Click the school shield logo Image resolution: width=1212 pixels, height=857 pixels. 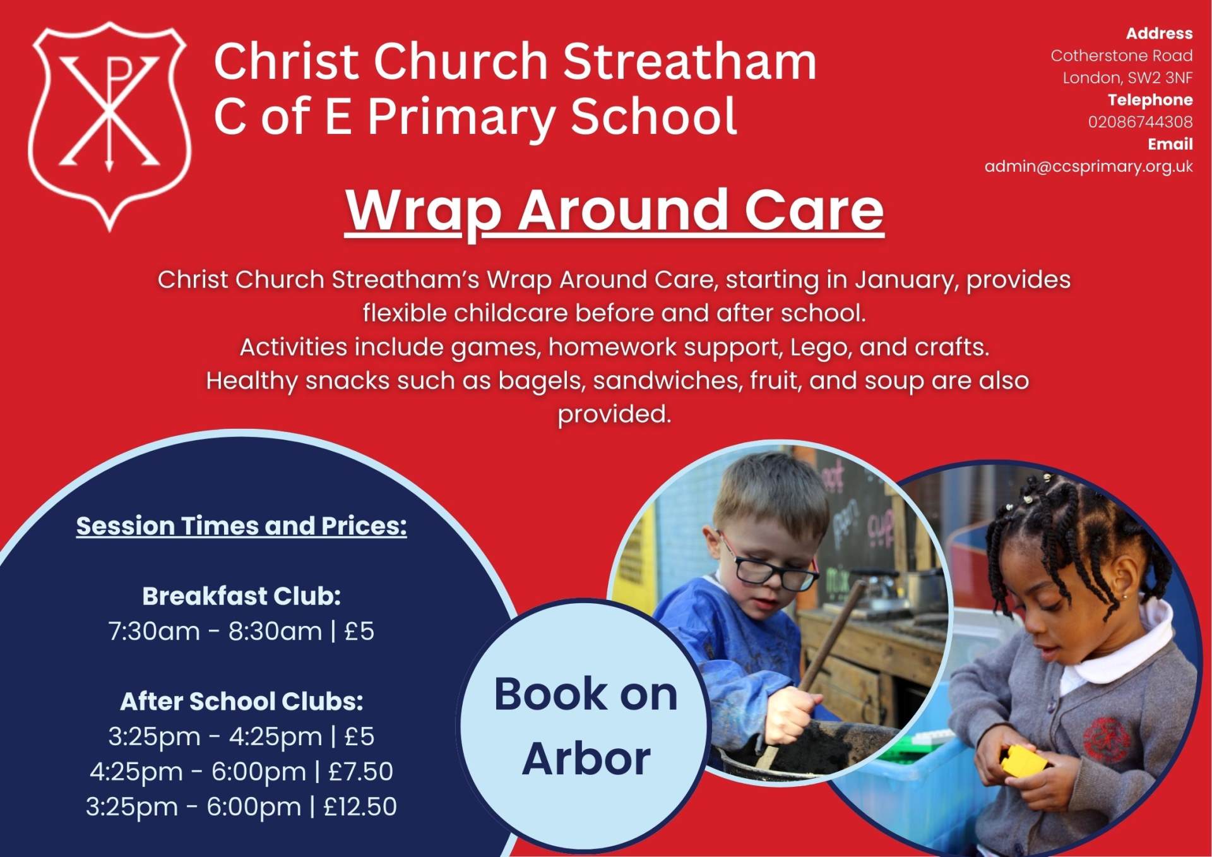tap(110, 127)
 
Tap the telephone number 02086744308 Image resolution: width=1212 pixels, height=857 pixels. tap(1140, 122)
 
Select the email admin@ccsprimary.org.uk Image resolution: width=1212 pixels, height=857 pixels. tap(1088, 167)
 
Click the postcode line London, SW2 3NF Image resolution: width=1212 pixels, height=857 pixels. tap(1127, 78)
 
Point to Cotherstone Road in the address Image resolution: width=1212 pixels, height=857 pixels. tap(1122, 56)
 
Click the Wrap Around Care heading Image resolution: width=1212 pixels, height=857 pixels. tap(614, 211)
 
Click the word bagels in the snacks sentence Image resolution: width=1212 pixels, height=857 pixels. tap(541, 381)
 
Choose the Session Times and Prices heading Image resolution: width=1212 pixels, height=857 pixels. tap(242, 526)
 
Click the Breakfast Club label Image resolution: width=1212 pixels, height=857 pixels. tap(242, 596)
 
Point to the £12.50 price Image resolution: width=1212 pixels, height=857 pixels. tap(360, 807)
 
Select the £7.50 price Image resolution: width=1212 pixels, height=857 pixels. tap(360, 772)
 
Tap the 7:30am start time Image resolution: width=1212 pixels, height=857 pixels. tap(154, 632)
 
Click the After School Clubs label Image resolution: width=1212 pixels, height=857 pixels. tap(242, 702)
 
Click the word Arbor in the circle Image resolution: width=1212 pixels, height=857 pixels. tap(586, 758)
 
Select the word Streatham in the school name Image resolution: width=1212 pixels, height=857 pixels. tap(689, 61)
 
